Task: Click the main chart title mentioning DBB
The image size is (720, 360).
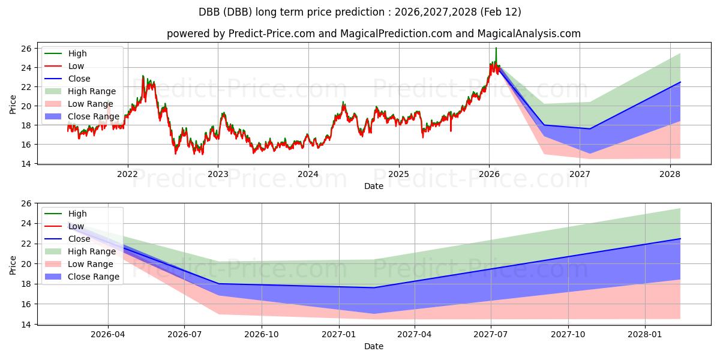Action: (x=359, y=12)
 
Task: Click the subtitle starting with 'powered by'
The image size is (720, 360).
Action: (x=373, y=34)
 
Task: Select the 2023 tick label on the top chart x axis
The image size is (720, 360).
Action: (x=218, y=174)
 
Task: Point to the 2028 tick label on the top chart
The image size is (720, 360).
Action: (x=670, y=174)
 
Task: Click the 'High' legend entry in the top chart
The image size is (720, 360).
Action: (x=77, y=53)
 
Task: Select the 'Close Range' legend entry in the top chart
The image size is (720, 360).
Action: (x=93, y=116)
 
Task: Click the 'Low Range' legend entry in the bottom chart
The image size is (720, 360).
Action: (x=91, y=264)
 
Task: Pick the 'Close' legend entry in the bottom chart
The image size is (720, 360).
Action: (x=79, y=239)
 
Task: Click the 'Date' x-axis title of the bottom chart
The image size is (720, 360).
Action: (x=373, y=347)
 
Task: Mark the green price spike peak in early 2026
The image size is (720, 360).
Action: (x=496, y=48)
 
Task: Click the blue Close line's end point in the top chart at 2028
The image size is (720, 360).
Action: (x=680, y=82)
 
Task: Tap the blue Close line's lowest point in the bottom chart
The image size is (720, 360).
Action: (x=373, y=287)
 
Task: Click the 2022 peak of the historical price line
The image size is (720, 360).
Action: (x=143, y=76)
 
